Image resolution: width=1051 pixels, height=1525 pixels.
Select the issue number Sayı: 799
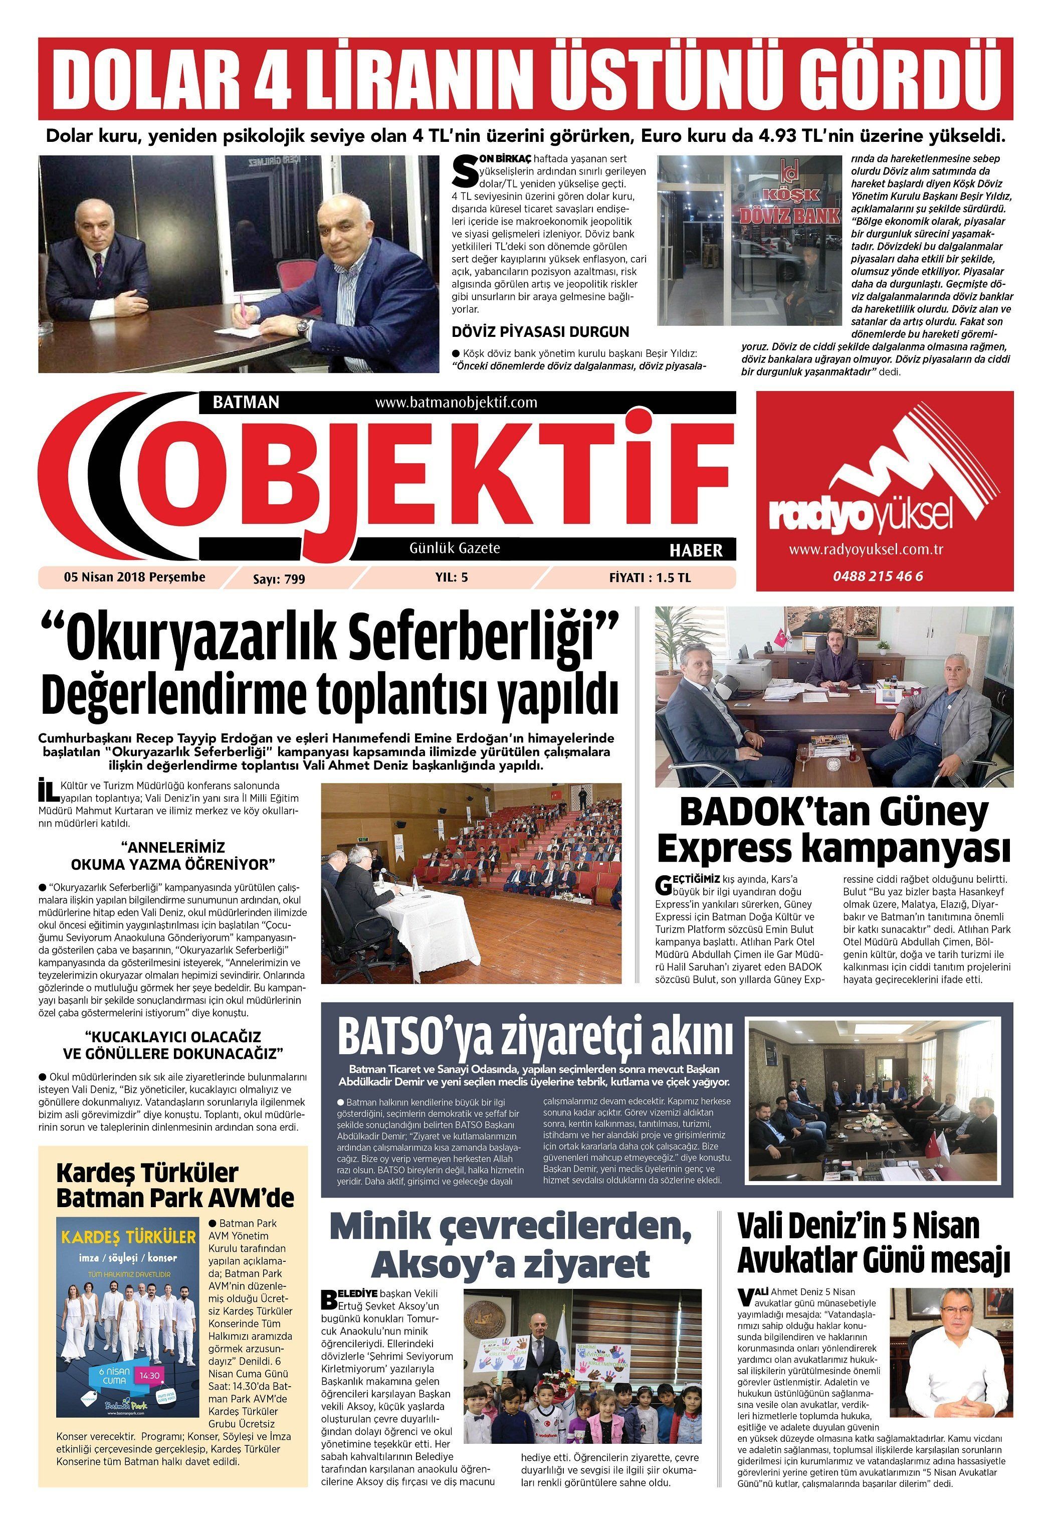coord(279,579)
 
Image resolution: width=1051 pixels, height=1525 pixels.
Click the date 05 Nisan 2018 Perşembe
coord(134,577)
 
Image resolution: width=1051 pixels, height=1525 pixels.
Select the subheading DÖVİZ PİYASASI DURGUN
coord(540,331)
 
